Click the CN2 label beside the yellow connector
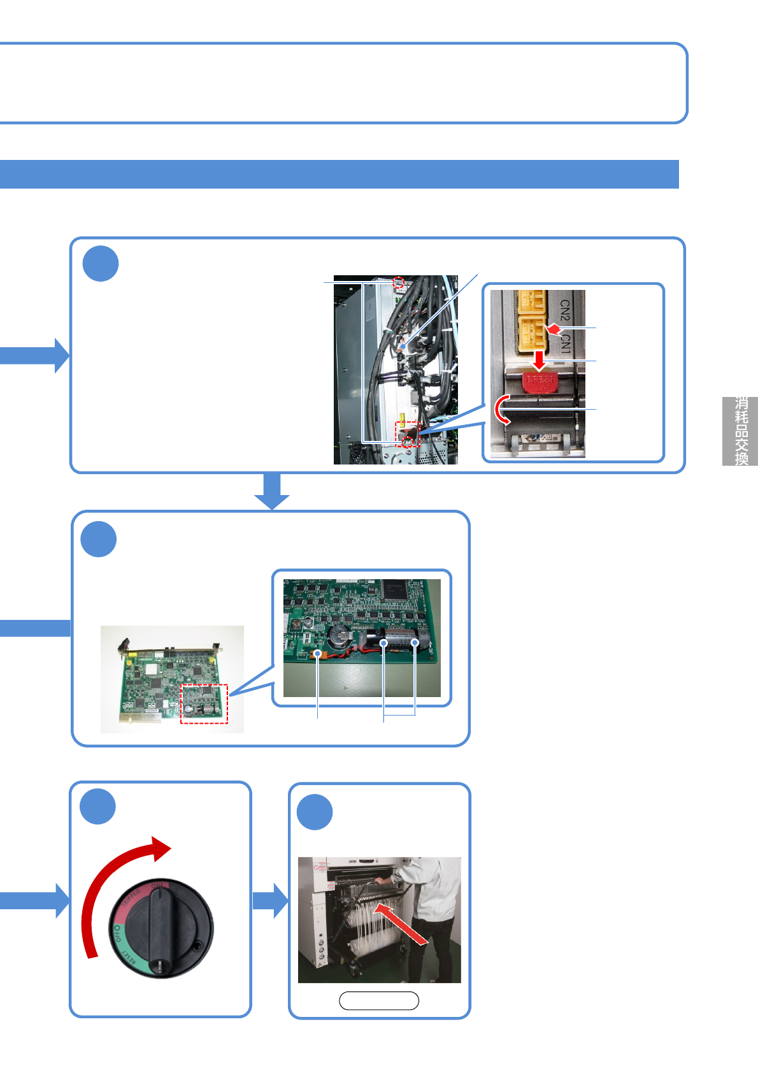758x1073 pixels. tap(565, 310)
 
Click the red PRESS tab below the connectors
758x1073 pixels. tap(540, 381)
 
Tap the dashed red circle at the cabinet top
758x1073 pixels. tap(399, 282)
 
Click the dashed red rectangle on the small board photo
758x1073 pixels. tap(204, 704)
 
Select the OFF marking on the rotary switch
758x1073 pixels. tap(116, 934)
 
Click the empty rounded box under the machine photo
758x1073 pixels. tap(379, 1001)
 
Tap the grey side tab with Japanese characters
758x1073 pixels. tap(740, 431)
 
